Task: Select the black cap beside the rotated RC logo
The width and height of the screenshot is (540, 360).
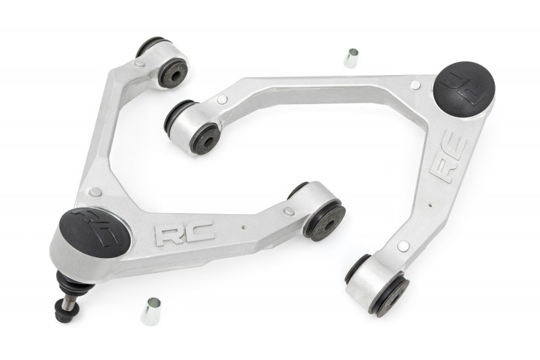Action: click(x=464, y=87)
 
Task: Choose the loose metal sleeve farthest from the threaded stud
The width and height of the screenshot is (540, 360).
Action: click(x=350, y=58)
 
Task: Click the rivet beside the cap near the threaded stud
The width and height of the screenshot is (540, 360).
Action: click(x=95, y=192)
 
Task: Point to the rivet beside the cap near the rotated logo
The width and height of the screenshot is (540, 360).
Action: click(x=415, y=85)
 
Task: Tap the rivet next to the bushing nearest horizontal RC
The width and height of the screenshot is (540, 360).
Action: click(x=289, y=211)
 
